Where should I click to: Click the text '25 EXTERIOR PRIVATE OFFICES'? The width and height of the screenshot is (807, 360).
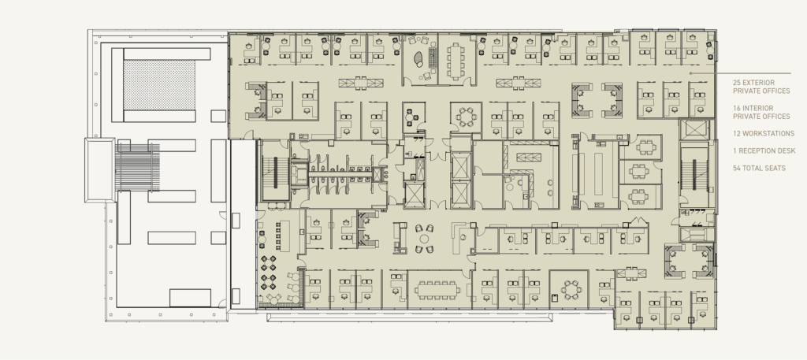click(761, 86)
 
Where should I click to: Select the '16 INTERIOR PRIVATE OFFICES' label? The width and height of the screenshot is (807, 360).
click(761, 112)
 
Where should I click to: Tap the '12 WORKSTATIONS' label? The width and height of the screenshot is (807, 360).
click(764, 133)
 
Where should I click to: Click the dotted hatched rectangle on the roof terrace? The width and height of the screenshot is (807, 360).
click(158, 84)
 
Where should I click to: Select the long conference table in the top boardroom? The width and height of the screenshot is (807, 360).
click(458, 60)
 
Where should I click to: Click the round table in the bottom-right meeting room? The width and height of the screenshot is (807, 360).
click(569, 289)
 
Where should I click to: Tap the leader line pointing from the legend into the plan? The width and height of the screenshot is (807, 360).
click(702, 73)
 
